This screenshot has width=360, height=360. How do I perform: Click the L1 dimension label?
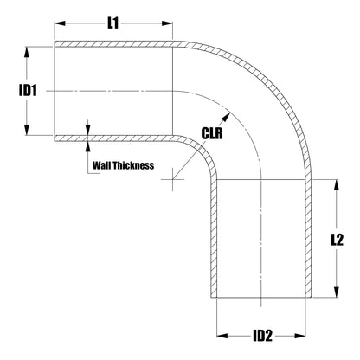point(112,24)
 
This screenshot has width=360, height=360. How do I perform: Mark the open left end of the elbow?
point(55,90)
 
